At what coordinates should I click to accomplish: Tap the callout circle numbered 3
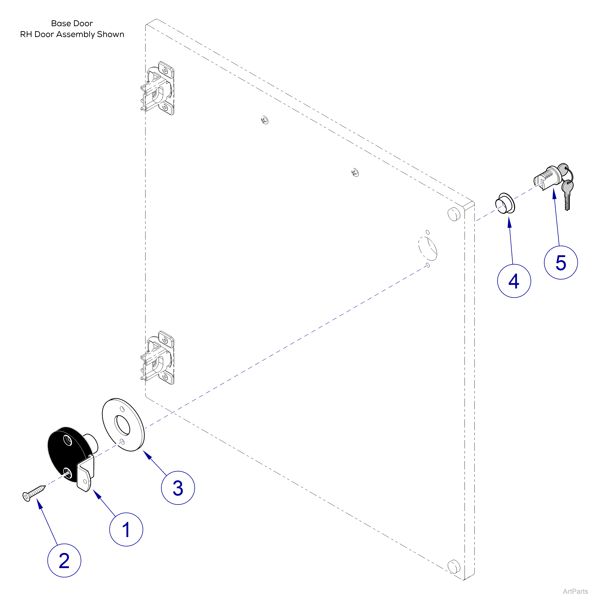point(178,488)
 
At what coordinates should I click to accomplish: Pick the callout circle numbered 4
point(514,281)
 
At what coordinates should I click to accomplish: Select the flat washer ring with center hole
point(123,425)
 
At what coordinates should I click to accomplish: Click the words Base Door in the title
point(72,23)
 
